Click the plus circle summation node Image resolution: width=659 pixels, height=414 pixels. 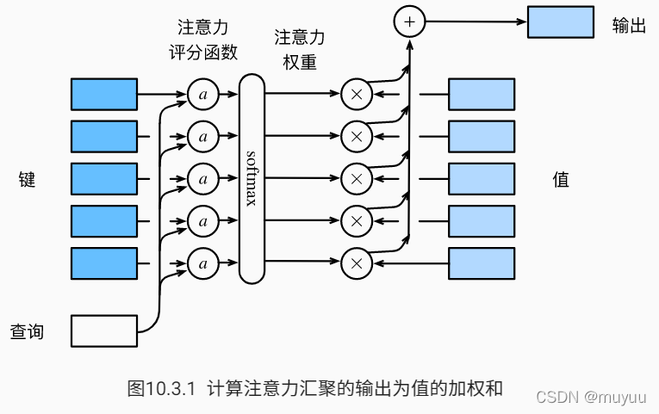click(x=409, y=22)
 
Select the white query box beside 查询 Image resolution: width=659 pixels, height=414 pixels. click(x=104, y=331)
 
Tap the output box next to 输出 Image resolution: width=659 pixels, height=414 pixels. click(x=561, y=22)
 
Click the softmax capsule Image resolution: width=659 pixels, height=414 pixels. click(x=252, y=179)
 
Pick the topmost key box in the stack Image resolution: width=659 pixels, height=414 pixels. click(x=104, y=95)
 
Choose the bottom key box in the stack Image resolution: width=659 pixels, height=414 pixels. click(x=104, y=263)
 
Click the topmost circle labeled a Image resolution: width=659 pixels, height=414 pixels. click(x=203, y=95)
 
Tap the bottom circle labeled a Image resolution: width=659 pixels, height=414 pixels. click(x=203, y=263)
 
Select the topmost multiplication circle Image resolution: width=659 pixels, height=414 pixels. click(x=357, y=95)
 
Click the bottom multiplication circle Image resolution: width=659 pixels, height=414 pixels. click(x=357, y=263)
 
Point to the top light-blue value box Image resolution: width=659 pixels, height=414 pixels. click(x=482, y=95)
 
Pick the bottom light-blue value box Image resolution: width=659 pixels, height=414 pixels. click(x=482, y=263)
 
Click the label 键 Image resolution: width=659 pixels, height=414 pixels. click(x=27, y=179)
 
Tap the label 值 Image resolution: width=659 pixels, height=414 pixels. click(x=561, y=179)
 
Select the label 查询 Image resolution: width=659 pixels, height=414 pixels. click(x=27, y=331)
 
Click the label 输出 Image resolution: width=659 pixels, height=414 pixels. click(x=629, y=25)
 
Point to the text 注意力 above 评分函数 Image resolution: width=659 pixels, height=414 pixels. click(x=203, y=28)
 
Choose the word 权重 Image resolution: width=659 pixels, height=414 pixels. click(x=300, y=62)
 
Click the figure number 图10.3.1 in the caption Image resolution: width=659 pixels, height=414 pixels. click(x=161, y=388)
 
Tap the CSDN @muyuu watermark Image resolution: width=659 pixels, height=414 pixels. click(x=591, y=397)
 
